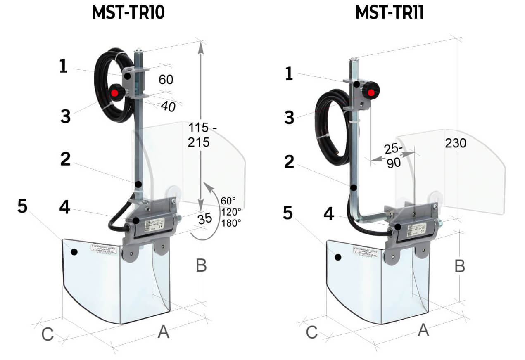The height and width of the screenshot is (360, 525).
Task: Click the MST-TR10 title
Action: click(128, 13)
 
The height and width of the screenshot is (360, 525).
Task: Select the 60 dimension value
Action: click(166, 79)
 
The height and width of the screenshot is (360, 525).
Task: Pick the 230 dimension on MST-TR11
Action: click(456, 143)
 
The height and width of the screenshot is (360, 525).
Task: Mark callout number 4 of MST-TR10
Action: click(64, 207)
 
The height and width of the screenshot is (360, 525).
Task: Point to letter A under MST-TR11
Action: click(424, 330)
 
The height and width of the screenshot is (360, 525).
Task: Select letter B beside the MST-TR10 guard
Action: click(201, 265)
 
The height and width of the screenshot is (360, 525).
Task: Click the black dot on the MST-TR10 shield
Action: click(74, 252)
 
